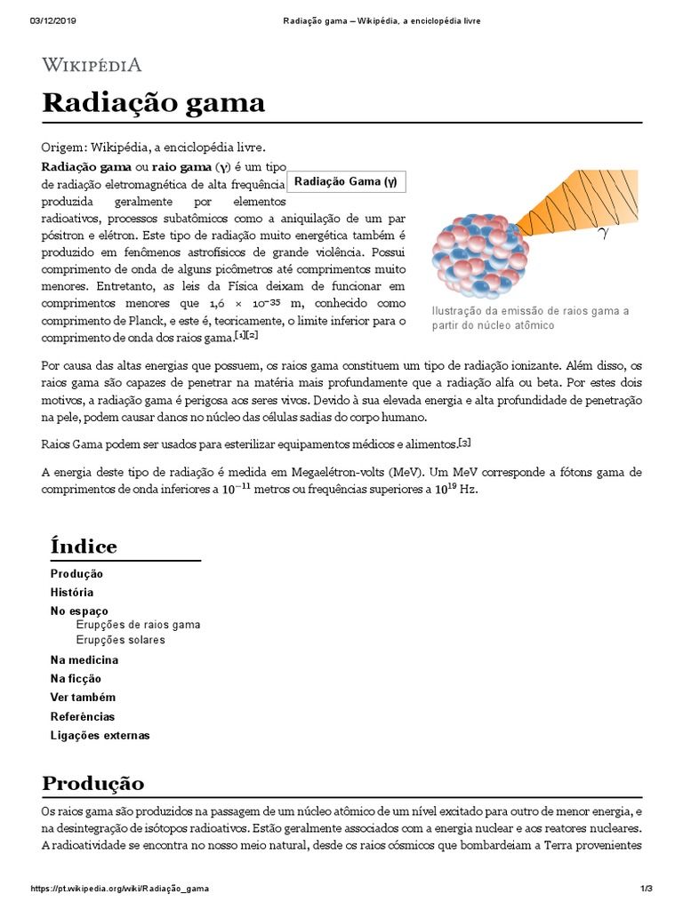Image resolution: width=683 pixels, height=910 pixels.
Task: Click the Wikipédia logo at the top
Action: coord(92,64)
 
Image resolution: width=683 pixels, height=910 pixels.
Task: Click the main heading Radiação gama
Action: coord(153,103)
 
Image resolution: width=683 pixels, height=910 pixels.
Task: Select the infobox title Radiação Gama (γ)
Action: coord(346,182)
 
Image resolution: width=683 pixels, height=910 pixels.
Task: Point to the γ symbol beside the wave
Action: coord(603,234)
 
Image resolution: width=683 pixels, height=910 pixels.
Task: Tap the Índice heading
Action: coord(84,546)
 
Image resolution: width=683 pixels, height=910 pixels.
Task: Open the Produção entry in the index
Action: coord(76,574)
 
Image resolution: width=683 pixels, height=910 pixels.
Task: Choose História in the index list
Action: coord(72,592)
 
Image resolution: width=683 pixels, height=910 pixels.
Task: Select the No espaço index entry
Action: coord(79,611)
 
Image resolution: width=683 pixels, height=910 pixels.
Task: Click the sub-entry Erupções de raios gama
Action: coord(138,625)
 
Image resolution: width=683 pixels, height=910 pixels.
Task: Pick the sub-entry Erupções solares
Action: coord(120,640)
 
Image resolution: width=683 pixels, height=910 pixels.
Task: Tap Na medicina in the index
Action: coord(84,660)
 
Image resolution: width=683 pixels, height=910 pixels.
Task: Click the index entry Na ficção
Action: coord(76,679)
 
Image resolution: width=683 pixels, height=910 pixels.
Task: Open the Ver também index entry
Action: coord(83,698)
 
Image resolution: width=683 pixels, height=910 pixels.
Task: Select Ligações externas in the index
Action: coord(100,736)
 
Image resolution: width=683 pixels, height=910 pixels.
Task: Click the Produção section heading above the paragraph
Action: coord(92,783)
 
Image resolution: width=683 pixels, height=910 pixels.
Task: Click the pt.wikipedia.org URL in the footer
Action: coord(120,889)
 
